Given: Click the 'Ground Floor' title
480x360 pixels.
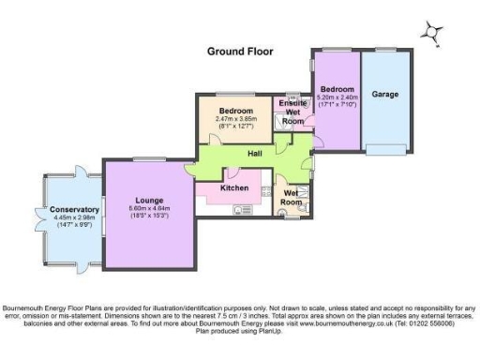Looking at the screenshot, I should point(240,52).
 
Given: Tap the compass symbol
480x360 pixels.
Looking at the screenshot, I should point(431,32).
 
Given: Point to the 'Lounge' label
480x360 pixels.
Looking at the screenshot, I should point(150,201).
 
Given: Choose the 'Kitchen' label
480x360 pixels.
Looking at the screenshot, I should point(233,188).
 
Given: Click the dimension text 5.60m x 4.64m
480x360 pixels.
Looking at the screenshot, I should point(150,210).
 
